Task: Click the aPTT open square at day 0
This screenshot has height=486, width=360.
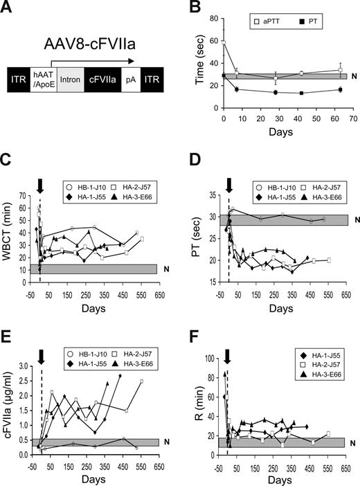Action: (224, 42)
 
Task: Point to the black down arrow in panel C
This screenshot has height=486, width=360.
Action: (40, 184)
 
